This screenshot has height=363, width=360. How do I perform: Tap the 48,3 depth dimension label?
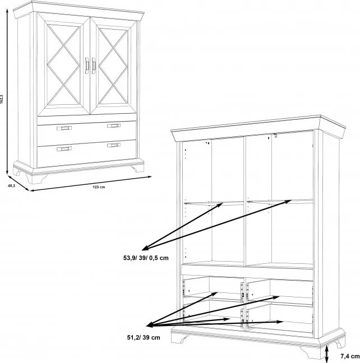12,185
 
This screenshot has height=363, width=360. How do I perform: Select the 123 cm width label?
99,187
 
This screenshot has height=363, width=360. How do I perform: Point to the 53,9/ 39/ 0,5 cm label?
146,258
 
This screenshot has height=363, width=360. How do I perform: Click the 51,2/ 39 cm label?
144,338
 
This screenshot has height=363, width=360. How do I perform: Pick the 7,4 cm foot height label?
350,356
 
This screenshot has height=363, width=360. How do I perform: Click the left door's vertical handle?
87,66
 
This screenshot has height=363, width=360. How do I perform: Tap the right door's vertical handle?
94,66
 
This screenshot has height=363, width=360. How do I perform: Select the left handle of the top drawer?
64,128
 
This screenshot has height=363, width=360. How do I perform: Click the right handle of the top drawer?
114,125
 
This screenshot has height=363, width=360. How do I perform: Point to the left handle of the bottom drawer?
64,149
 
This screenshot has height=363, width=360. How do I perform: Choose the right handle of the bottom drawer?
114,146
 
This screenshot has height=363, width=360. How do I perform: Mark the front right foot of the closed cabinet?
138,167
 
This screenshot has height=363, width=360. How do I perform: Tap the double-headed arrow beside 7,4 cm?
326,354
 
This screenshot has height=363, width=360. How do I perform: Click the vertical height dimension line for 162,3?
7,92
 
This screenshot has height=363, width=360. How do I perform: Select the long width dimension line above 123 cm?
91,184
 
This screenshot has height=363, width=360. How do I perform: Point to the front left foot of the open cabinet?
180,338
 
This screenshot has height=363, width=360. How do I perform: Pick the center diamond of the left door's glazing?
63,66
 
